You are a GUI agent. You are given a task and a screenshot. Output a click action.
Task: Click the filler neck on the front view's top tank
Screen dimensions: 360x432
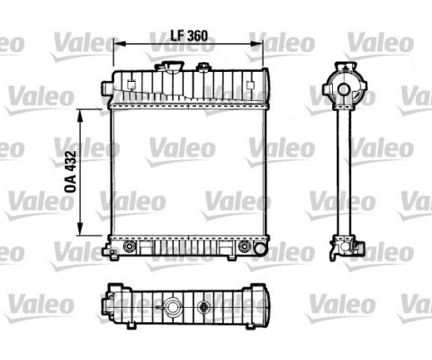[169, 69]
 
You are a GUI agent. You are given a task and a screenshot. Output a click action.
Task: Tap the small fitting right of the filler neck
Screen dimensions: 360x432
[203, 70]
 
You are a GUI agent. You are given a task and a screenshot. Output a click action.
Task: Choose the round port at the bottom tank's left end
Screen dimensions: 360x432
[130, 245]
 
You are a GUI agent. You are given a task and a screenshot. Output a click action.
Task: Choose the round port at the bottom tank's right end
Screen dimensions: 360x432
[245, 245]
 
